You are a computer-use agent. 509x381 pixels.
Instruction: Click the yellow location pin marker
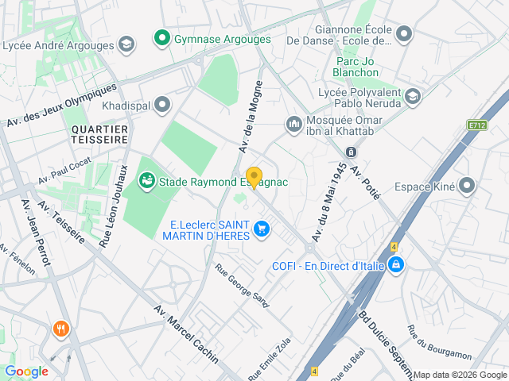click(254, 177)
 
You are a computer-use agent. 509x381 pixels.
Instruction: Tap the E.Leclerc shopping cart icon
click(260, 229)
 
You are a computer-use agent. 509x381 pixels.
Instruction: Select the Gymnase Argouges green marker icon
click(162, 38)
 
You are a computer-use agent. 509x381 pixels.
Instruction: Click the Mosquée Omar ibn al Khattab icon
click(293, 124)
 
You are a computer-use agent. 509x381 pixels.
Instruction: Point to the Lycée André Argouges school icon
click(126, 44)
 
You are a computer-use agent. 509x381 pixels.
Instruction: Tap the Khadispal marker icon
click(163, 104)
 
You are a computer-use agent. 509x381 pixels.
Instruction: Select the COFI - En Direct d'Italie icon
click(395, 265)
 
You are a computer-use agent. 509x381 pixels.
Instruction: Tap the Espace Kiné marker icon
click(467, 187)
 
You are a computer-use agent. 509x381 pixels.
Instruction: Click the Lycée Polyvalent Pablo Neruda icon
click(412, 97)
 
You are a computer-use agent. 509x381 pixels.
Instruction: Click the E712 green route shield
click(477, 125)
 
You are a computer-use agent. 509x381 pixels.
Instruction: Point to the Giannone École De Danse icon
click(404, 34)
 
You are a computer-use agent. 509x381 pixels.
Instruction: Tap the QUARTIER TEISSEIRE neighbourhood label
click(99, 133)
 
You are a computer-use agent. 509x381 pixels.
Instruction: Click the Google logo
click(26, 371)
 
